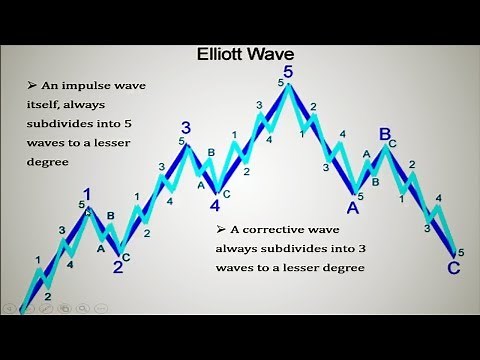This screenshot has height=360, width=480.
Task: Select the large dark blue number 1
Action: click(x=88, y=195)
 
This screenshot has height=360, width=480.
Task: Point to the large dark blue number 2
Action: click(x=117, y=266)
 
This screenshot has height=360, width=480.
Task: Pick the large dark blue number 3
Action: click(x=186, y=127)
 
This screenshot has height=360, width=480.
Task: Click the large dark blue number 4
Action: click(x=214, y=207)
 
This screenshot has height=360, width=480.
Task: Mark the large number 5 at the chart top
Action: click(x=289, y=72)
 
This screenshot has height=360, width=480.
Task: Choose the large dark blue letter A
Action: click(x=353, y=207)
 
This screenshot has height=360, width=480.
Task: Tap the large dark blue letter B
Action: click(x=384, y=133)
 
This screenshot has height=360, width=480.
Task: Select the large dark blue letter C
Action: click(x=454, y=268)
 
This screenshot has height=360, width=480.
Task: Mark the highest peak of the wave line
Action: click(x=289, y=85)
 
